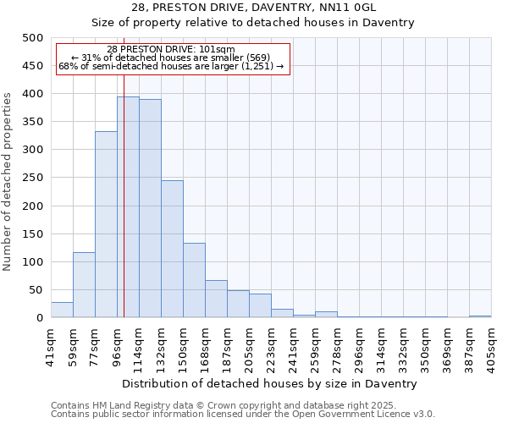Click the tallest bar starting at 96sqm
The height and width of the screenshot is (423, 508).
coord(128,207)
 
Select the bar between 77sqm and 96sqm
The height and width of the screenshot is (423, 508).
coord(106,224)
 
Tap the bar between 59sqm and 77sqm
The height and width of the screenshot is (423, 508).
coord(84,285)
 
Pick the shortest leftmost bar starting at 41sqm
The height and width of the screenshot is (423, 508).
coord(62,310)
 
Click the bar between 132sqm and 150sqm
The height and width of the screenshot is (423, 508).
coord(172,250)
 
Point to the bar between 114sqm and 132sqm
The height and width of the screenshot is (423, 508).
coord(150,209)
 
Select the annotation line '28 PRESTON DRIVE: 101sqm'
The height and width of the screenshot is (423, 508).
coord(171,50)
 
